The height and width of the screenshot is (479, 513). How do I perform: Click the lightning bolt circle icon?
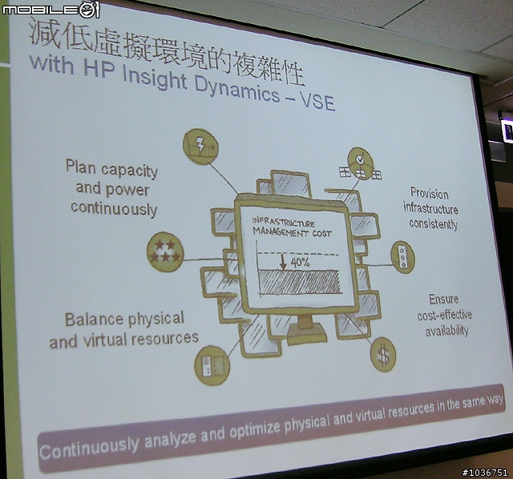(200, 146)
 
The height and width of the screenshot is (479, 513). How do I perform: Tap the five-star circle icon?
(165, 252)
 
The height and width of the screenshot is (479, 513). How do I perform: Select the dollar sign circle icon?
(383, 355)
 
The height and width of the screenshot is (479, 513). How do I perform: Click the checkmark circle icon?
(360, 163)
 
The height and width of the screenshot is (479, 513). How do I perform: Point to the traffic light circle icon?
(402, 257)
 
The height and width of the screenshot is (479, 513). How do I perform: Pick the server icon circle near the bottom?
(212, 365)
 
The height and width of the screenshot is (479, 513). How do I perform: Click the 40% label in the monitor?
(300, 262)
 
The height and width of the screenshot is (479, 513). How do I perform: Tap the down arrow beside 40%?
(283, 262)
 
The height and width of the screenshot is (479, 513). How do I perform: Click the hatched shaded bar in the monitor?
(299, 281)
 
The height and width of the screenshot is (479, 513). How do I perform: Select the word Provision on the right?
(430, 194)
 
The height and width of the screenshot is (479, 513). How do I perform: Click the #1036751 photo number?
(484, 472)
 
